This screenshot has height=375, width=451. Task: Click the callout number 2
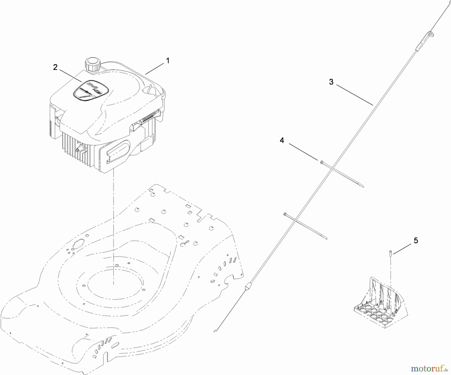coord(55,67)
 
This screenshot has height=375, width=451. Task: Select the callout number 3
coord(331,82)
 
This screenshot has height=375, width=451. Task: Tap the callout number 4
coord(282,141)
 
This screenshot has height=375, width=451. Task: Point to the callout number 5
coord(416,241)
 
